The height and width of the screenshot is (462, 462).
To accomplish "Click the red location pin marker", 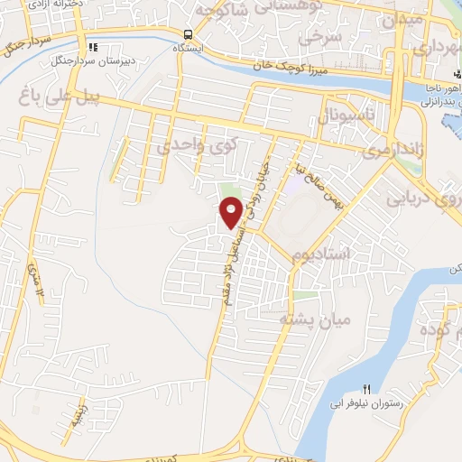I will [x=231, y=212].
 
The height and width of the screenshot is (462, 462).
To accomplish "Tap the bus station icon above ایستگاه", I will [x=189, y=30].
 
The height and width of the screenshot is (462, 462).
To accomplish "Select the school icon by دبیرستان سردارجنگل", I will [x=93, y=47].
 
